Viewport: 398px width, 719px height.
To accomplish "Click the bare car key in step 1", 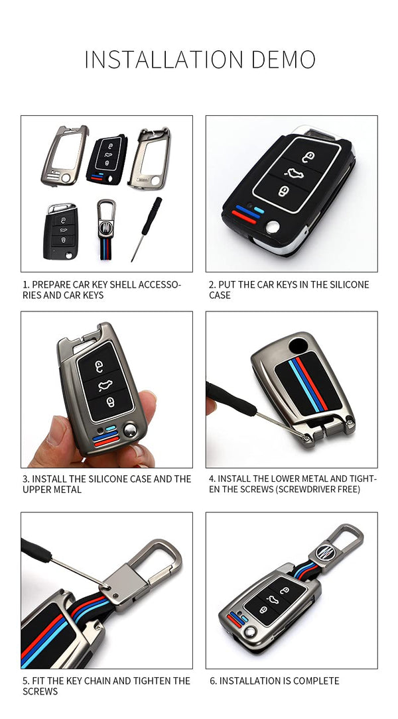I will (60, 231).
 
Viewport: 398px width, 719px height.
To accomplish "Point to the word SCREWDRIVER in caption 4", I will (296, 489).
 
